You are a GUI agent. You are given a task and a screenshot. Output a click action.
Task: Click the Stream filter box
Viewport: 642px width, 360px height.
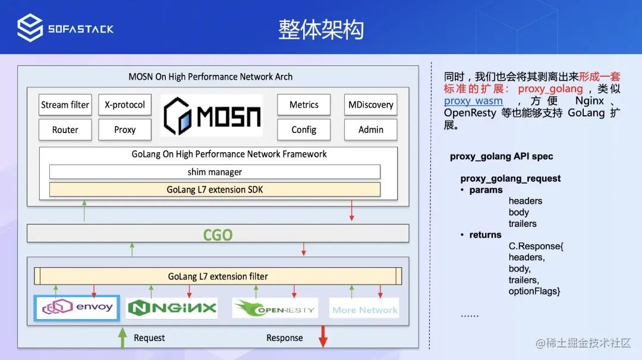pos(65,105)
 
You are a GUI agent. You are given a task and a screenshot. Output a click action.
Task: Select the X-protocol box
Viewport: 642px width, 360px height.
pos(125,105)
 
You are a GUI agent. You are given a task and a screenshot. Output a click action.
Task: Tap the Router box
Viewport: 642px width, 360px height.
pos(65,130)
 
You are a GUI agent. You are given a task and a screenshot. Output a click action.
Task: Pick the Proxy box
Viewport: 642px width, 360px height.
pos(125,130)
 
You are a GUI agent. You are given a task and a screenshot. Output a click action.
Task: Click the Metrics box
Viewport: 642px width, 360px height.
pos(304,105)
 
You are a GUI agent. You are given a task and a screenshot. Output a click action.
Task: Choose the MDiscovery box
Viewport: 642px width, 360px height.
pos(371,105)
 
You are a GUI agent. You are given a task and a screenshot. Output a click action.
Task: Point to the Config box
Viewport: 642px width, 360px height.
pos(304,130)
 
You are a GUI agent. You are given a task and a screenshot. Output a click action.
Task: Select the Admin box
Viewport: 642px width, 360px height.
pos(371,130)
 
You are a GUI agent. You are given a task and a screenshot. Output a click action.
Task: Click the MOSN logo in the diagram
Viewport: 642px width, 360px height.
pos(212,115)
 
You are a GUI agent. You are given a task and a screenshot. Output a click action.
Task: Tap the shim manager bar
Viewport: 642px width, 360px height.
pos(215,172)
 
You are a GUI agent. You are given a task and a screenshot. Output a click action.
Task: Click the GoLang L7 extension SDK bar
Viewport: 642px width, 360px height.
pos(215,190)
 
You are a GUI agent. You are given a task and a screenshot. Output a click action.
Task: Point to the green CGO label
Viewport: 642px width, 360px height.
pos(218,235)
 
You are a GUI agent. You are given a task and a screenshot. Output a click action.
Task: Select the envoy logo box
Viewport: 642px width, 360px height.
pos(77,308)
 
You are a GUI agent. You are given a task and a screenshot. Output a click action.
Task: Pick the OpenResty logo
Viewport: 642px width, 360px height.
pos(275,308)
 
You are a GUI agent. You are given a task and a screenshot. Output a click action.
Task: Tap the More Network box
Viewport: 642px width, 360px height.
pos(365,309)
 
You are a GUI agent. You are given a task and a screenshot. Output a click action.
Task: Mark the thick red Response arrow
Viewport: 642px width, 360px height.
pos(323,336)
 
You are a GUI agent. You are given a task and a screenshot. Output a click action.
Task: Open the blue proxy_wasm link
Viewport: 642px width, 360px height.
pos(473,101)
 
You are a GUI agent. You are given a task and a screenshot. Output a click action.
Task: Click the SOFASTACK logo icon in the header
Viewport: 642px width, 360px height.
pos(30,28)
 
